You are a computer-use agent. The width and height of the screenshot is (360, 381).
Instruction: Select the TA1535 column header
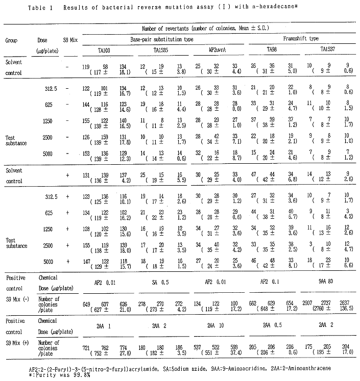pyautogui.click(x=162, y=51)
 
